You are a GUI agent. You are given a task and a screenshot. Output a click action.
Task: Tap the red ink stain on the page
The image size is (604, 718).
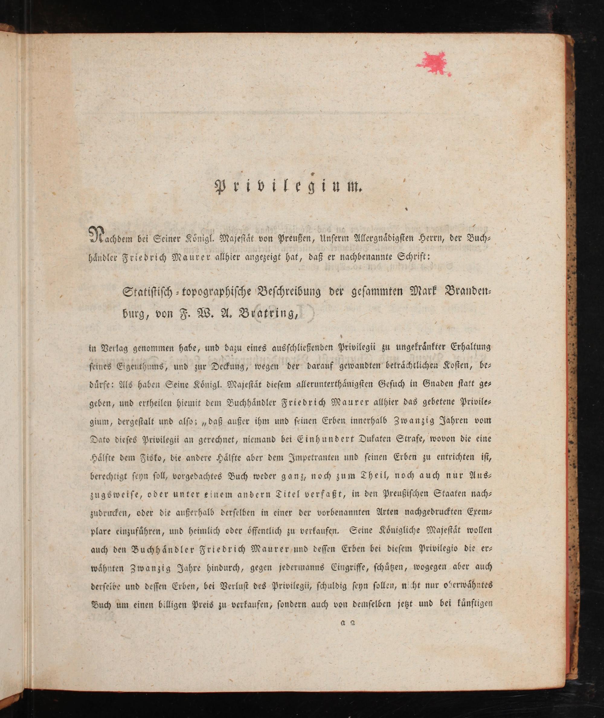[x=433, y=63]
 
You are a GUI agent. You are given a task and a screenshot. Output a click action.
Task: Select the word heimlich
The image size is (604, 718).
[x=204, y=532]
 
